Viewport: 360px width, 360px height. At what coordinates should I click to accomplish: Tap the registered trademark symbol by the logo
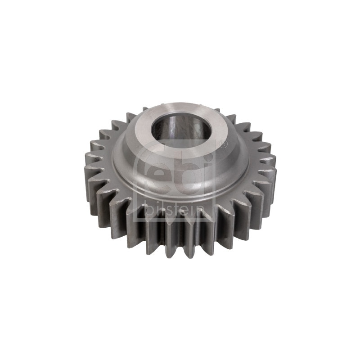click(223, 144)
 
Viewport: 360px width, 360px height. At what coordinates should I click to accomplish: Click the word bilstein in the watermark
click(175, 210)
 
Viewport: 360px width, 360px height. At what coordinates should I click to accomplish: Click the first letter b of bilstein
click(149, 210)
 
